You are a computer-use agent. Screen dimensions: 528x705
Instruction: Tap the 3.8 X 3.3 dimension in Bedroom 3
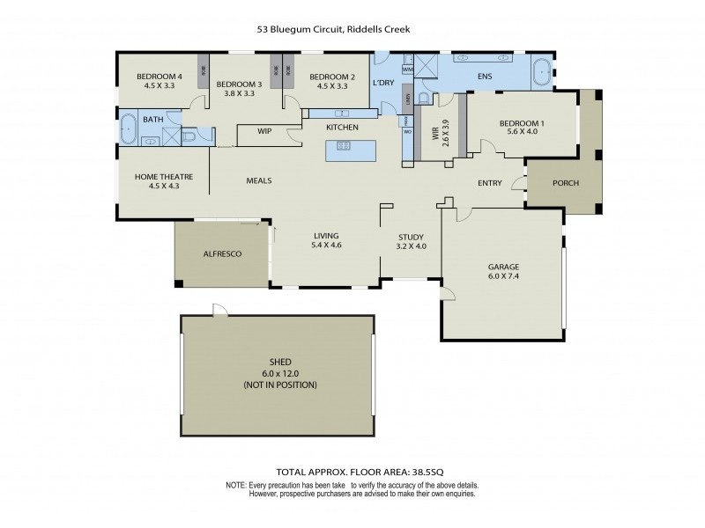[x=239, y=92]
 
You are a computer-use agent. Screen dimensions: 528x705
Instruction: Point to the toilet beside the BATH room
[x=190, y=136]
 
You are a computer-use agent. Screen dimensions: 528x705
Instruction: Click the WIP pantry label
[x=264, y=131]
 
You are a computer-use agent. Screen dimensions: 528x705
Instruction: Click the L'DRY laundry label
[x=382, y=83]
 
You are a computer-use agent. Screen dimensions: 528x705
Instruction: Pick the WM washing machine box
[x=408, y=69]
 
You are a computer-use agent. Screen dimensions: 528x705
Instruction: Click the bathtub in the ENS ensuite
[x=541, y=72]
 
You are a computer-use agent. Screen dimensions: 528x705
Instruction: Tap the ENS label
[x=484, y=77]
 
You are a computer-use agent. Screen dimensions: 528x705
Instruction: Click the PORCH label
[x=565, y=184]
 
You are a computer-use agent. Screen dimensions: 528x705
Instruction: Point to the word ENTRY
[x=489, y=183]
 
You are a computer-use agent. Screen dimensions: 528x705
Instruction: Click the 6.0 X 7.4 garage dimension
[x=504, y=276]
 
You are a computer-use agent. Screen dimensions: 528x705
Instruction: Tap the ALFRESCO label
[x=222, y=253]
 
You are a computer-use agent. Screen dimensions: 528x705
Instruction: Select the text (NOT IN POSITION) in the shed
[x=280, y=385]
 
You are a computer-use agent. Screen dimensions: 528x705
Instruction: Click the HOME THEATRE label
[x=164, y=176]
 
